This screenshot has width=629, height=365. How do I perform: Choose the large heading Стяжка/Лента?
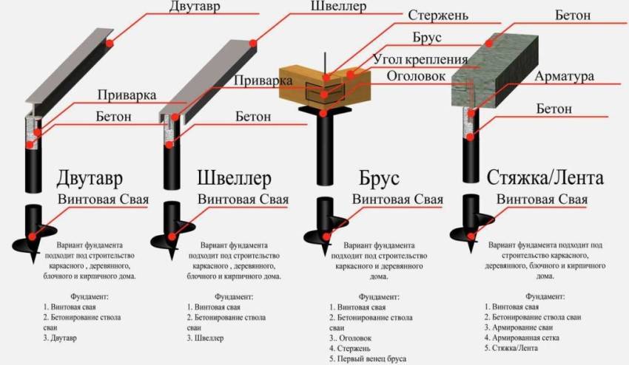pos(545,177)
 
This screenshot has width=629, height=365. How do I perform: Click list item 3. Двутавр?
pos(60,338)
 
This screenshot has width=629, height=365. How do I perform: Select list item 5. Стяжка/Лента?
pos(511,348)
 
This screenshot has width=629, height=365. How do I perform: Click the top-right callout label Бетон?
pos(575,14)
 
